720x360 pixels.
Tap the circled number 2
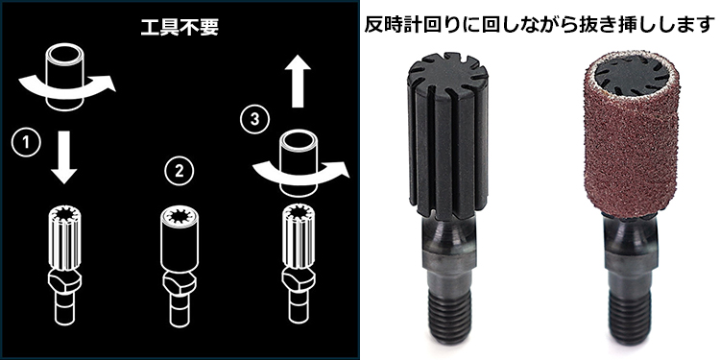[x=177, y=173]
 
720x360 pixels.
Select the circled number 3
[x=252, y=122]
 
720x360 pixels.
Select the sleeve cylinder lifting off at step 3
[x=299, y=154]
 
